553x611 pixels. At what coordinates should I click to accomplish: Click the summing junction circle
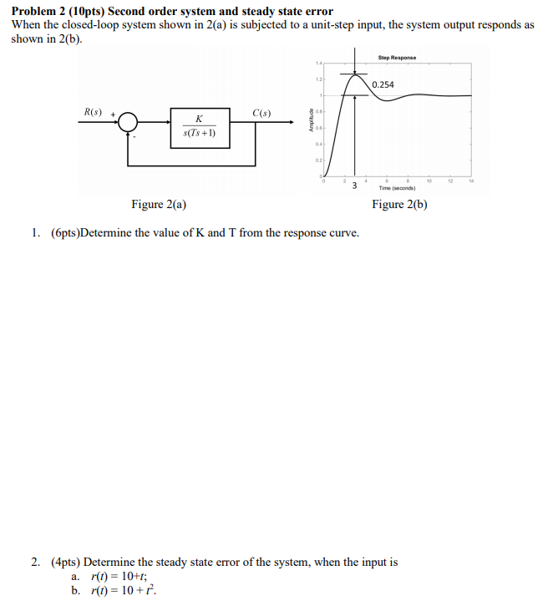coord(128,122)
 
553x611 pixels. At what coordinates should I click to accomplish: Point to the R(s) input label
coord(94,112)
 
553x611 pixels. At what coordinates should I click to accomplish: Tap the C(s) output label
coord(261,112)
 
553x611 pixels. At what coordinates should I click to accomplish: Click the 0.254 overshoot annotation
coord(383,84)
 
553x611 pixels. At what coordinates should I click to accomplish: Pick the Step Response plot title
coord(397,58)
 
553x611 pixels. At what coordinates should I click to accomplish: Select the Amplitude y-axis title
coord(311,121)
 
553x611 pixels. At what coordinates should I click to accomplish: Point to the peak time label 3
coord(354,185)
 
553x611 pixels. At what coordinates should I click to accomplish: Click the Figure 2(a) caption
coord(159,205)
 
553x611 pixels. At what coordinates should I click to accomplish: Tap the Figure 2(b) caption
coord(400,205)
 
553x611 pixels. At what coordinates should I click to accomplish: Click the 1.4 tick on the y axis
coord(318,63)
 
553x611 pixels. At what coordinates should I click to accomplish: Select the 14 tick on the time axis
coord(470,180)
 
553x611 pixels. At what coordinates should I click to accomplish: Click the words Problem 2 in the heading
coord(39,11)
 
